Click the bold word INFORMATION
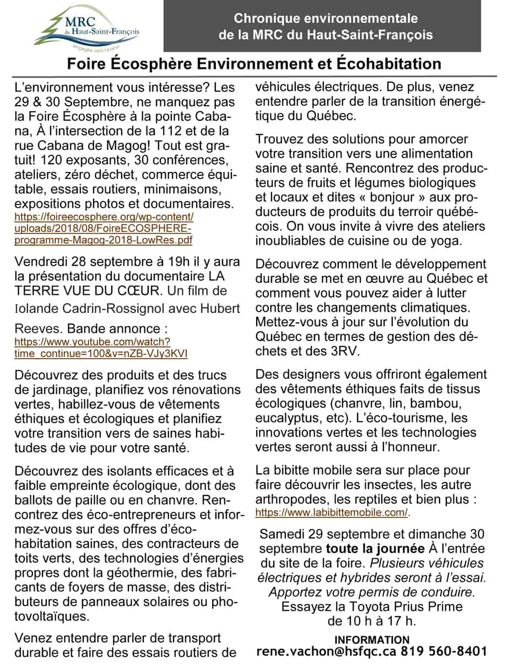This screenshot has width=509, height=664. click(x=372, y=639)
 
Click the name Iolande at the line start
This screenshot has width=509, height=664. click(x=36, y=306)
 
